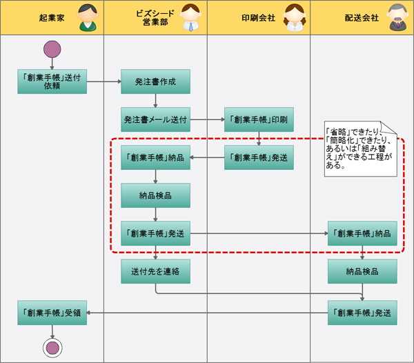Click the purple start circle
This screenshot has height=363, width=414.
click(52, 50)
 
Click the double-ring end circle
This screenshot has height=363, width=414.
click(52, 347)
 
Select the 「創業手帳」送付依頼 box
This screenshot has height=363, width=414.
click(52, 81)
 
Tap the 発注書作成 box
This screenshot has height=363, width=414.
click(155, 81)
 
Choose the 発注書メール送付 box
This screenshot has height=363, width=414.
click(155, 119)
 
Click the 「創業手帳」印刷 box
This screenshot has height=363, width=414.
click(259, 119)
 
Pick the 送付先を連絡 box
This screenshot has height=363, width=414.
click(155, 271)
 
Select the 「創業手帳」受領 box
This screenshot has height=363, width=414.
click(52, 313)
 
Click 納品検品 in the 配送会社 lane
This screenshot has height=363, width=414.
click(362, 271)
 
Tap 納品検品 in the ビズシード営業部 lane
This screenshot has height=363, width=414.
click(155, 195)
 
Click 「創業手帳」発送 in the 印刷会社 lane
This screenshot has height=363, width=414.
click(259, 157)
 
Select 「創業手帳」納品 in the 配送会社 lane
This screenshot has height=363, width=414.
click(362, 233)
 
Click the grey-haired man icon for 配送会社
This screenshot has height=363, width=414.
click(396, 18)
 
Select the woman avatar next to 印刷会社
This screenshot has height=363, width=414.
click(293, 18)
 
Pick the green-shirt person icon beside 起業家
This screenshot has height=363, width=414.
click(86, 18)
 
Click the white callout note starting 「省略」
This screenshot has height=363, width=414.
click(361, 148)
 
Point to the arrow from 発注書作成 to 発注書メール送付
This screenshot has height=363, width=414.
click(155, 101)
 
